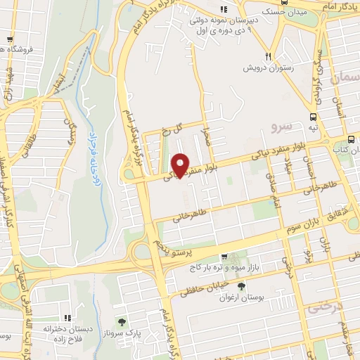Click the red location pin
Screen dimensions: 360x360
pos(181,165)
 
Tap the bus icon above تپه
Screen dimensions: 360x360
pos(312,117)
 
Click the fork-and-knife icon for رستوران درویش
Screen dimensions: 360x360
pos(268,56)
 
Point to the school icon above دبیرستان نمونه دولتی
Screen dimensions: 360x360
pos(223,9)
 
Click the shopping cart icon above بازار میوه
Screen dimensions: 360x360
pos(224,257)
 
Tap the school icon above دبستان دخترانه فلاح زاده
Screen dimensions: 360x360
pos(68,318)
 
